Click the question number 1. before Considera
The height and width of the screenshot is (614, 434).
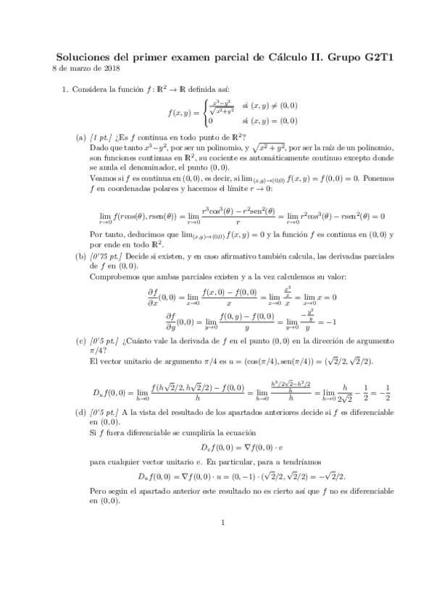click(x=64, y=90)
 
